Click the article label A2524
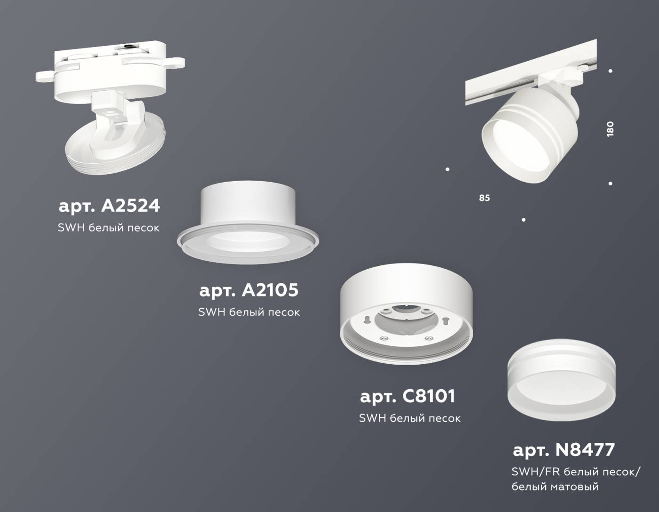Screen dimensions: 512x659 [109, 206]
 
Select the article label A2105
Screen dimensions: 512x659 [249, 290]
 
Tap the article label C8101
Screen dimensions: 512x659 [408, 396]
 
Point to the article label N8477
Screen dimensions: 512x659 [563, 450]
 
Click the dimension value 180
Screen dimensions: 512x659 [610, 129]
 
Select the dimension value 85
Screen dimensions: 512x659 [484, 198]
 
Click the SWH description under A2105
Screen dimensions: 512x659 [249, 312]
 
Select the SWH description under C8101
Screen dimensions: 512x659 [410, 418]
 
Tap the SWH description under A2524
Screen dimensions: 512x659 [108, 228]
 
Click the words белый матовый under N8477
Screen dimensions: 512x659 [555, 487]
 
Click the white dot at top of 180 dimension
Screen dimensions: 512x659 [611, 71]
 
